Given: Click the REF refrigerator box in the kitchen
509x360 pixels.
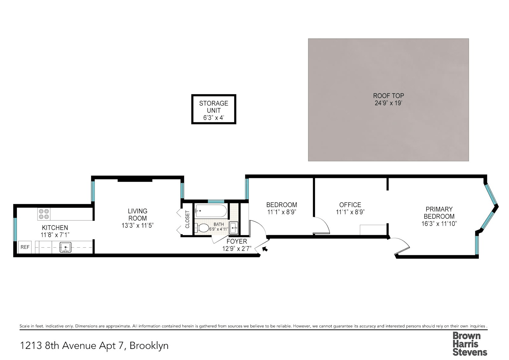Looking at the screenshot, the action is tap(25, 247).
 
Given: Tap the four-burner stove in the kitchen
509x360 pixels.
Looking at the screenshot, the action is tap(44, 214).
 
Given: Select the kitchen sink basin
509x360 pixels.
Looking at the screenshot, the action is tap(66, 247).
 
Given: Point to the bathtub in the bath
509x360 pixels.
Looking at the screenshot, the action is tap(211, 211).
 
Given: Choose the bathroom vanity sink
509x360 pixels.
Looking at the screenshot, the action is tap(234, 228).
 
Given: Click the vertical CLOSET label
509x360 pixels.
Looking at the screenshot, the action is tap(187, 219).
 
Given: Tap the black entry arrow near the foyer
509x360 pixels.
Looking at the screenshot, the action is tap(265, 249).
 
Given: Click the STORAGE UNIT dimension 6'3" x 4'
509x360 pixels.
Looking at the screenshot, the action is tap(213, 118).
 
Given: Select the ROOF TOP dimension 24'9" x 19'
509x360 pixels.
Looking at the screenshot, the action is tap(388, 103).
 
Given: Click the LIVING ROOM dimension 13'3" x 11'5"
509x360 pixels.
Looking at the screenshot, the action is tap(137, 225).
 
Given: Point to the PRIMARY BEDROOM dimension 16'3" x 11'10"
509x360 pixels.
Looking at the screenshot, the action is tap(439, 223).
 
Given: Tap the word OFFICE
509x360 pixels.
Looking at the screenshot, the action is tap(350, 205).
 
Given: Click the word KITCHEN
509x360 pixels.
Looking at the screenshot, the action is tap(55, 227).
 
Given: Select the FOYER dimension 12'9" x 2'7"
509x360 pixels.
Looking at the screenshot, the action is tap(237, 249).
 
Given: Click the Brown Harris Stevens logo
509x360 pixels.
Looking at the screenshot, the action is tap(470, 344).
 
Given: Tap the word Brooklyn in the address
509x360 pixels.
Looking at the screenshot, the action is tap(149, 345).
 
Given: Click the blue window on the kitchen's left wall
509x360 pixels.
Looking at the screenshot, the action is tap(15, 229).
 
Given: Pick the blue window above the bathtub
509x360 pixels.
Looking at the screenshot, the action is tap(216, 201).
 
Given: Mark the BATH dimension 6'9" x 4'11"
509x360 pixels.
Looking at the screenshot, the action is tap(219, 229).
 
